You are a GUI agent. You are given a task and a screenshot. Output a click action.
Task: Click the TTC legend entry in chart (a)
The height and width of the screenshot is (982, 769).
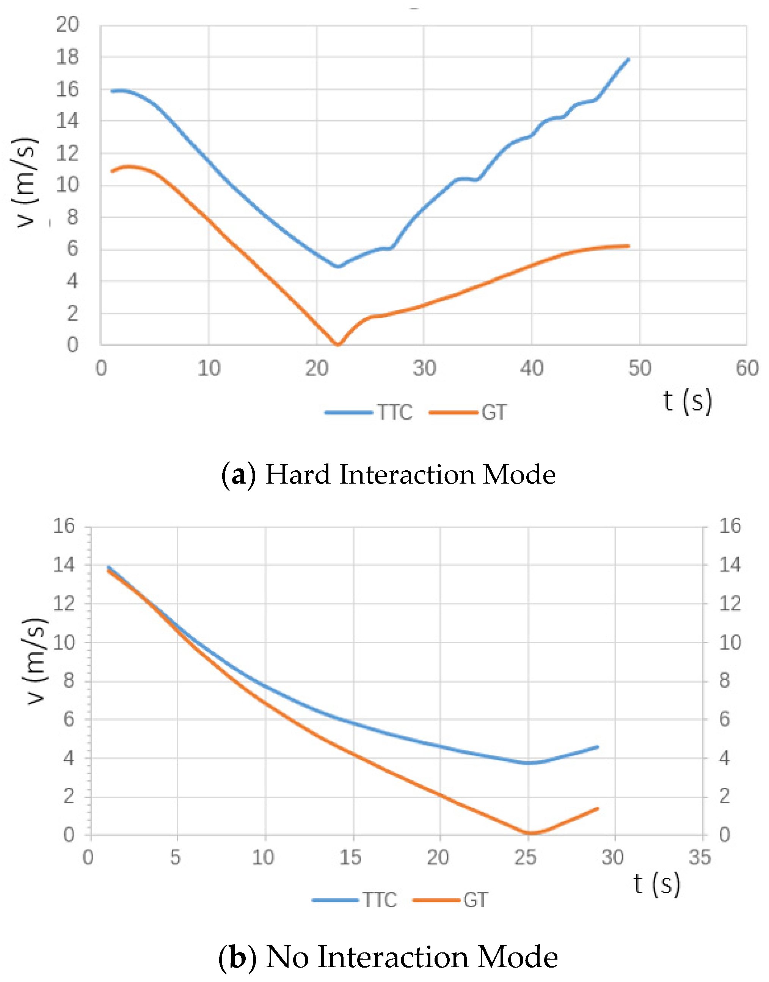[369, 412]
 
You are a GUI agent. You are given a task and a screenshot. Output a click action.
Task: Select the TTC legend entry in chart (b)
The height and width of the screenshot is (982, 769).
[355, 900]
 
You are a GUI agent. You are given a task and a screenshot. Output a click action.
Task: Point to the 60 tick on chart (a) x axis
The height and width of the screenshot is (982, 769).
[747, 369]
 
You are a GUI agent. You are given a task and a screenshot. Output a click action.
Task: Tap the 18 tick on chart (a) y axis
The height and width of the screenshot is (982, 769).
[67, 57]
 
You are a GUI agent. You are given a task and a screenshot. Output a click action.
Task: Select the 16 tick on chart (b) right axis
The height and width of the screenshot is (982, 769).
[730, 526]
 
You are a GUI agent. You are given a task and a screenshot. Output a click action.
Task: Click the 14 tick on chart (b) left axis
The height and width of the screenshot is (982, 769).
[64, 565]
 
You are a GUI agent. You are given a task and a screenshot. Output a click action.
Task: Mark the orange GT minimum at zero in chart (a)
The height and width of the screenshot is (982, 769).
[338, 344]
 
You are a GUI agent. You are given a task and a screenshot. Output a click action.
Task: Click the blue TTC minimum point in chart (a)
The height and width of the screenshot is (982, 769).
[338, 267]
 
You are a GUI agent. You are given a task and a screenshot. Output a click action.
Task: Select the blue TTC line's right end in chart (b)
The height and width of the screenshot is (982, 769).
[598, 747]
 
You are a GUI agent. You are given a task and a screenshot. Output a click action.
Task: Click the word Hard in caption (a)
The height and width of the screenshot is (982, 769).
[298, 475]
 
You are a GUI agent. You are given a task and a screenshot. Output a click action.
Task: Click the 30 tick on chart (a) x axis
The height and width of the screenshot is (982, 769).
[424, 369]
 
